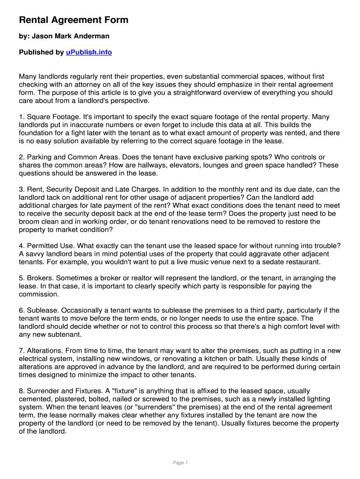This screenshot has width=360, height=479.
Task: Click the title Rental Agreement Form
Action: point(73,20)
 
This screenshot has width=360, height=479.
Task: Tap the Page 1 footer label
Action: point(180,463)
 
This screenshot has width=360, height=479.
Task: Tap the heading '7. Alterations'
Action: point(41,350)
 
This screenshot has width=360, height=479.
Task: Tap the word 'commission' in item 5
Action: point(38,294)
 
